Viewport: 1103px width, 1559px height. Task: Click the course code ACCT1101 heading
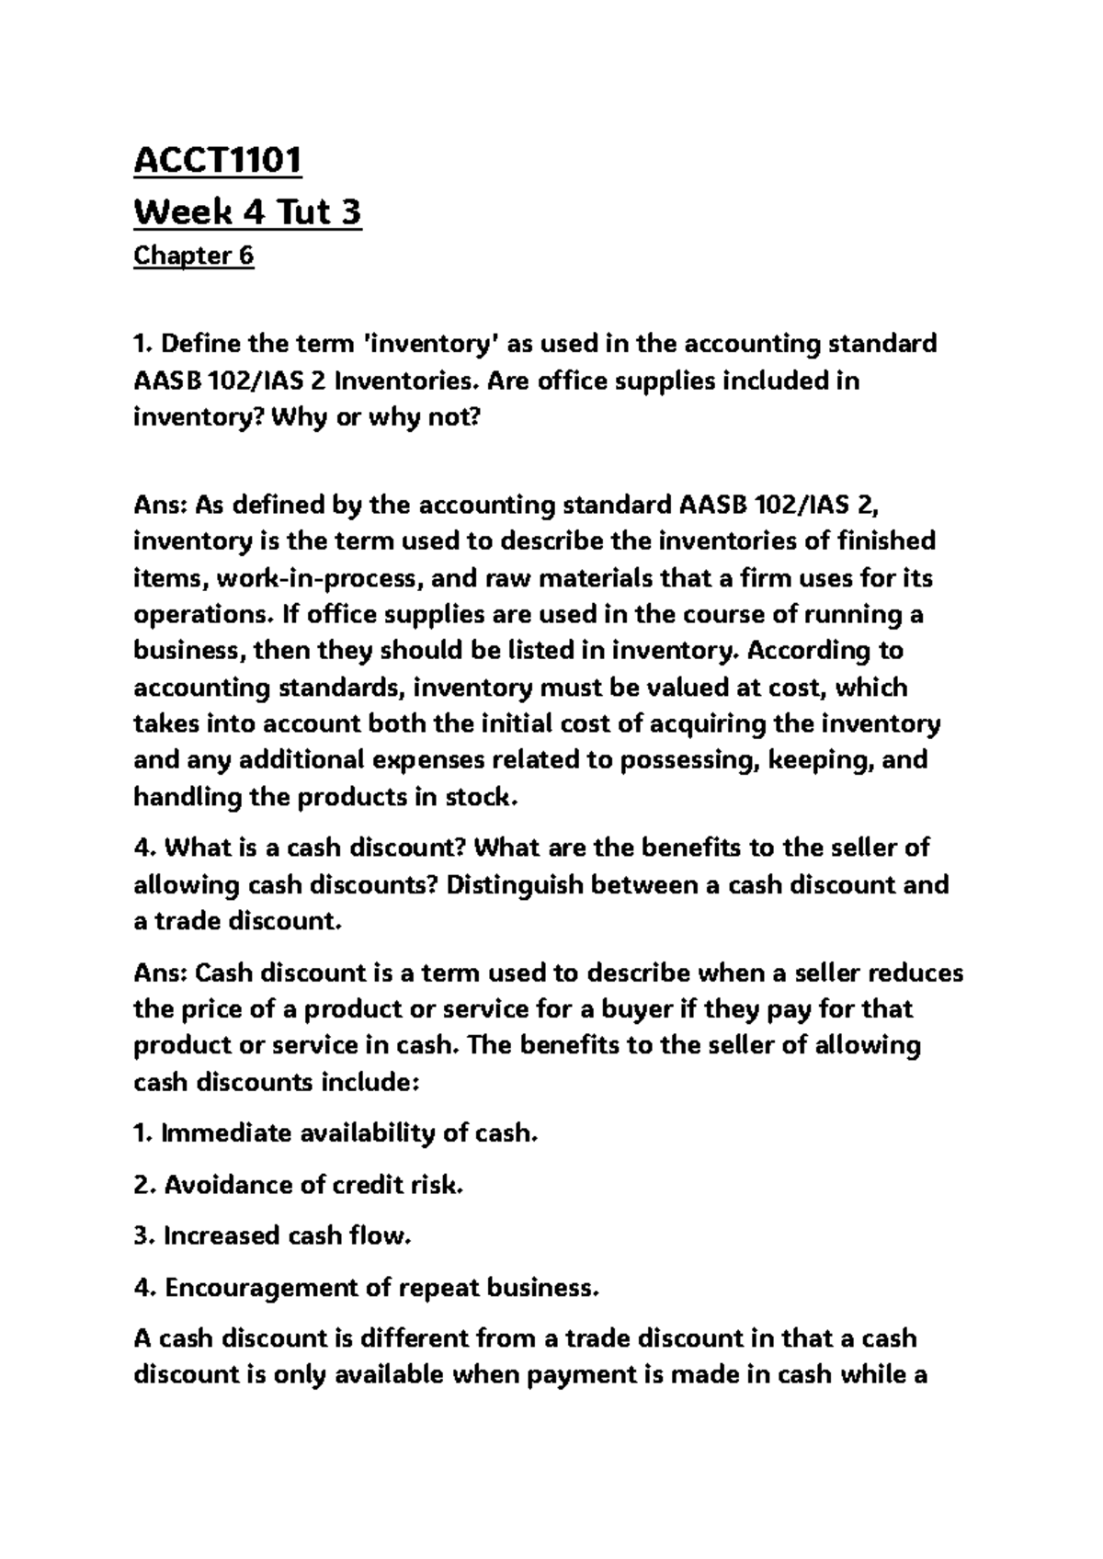click(x=218, y=162)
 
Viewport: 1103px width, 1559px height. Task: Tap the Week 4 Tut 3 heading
click(x=247, y=212)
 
